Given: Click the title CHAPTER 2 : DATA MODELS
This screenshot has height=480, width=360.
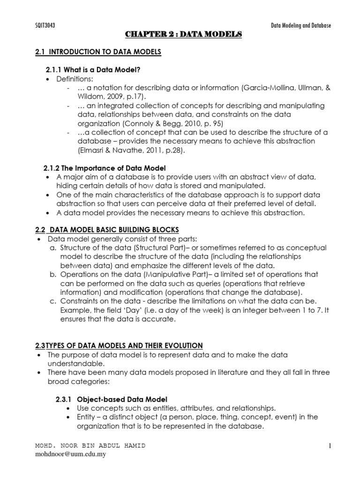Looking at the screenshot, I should pyautogui.click(x=183, y=35).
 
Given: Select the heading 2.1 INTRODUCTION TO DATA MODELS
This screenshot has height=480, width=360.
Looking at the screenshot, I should pyautogui.click(x=98, y=52).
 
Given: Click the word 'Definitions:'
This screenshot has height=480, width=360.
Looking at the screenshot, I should pyautogui.click(x=75, y=79).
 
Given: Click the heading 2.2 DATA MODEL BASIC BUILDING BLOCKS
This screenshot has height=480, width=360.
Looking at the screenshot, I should pyautogui.click(x=107, y=230).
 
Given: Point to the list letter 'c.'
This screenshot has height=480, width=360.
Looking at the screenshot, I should pyautogui.click(x=52, y=301).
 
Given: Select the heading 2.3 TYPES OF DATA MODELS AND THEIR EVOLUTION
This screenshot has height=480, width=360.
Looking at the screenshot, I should pyautogui.click(x=119, y=345).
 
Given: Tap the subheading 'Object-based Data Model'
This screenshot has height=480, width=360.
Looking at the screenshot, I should pyautogui.click(x=123, y=399).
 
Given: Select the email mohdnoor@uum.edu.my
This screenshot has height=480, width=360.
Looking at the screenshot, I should pyautogui.click(x=71, y=455).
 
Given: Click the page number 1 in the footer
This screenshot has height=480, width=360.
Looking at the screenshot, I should pyautogui.click(x=330, y=446).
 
